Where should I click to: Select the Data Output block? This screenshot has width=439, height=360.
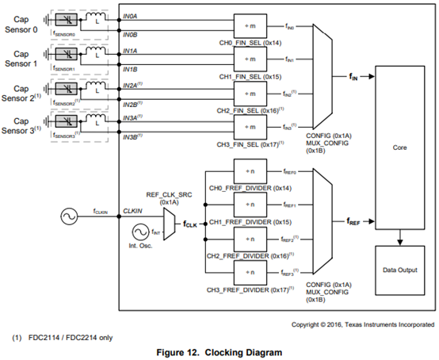coord(399,270)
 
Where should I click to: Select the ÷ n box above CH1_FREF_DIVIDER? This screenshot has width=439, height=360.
coord(251,204)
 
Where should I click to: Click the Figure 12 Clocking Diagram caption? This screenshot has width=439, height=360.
coord(219,351)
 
